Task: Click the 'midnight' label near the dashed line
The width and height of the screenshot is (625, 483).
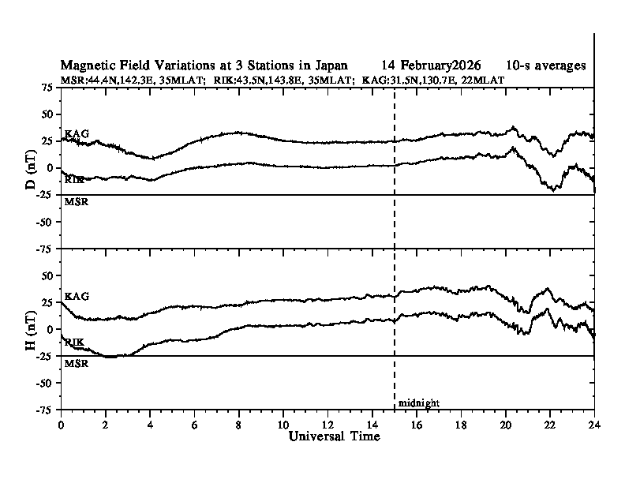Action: tap(418, 403)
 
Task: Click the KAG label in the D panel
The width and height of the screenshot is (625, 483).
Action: tap(77, 133)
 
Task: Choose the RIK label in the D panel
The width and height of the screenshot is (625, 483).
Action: tap(75, 181)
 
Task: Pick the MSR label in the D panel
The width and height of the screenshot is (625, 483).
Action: tap(76, 202)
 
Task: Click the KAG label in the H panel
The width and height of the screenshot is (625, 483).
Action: tap(77, 296)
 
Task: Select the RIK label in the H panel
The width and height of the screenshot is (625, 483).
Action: tap(75, 343)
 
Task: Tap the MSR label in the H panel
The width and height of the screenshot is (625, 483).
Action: tap(76, 363)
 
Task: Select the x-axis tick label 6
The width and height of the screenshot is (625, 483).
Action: tap(194, 424)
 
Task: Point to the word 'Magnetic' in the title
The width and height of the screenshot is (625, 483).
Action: tap(87, 65)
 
